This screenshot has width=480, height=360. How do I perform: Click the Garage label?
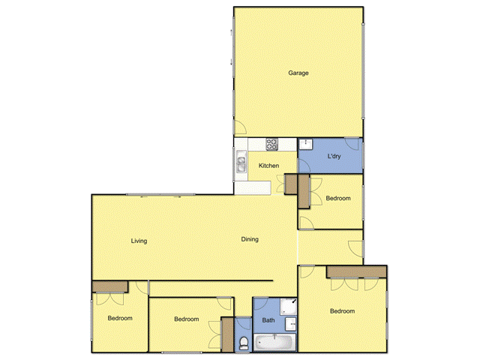click(x=298, y=73)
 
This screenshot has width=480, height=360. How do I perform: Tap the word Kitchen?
click(x=268, y=165)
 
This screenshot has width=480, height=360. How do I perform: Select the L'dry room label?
click(x=335, y=156)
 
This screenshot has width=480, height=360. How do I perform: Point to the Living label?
click(x=139, y=241)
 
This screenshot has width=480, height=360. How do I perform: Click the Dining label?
click(x=250, y=239)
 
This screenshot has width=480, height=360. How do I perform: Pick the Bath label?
click(x=268, y=320)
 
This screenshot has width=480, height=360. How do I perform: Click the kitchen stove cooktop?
click(x=271, y=143)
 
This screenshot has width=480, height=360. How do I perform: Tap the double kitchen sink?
click(x=241, y=162)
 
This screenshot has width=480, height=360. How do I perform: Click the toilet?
click(x=243, y=343)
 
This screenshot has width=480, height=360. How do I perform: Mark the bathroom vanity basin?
click(x=292, y=324)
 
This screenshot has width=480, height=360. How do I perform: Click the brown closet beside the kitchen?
click(x=304, y=191)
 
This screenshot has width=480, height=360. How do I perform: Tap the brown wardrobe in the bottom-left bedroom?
click(x=109, y=286)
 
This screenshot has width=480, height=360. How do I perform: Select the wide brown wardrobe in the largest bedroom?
click(x=355, y=271)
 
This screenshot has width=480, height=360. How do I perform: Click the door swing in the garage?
click(x=240, y=127)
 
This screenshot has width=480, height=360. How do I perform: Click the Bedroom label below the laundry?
click(x=338, y=198)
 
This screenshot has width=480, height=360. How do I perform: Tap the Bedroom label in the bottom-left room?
click(x=119, y=318)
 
